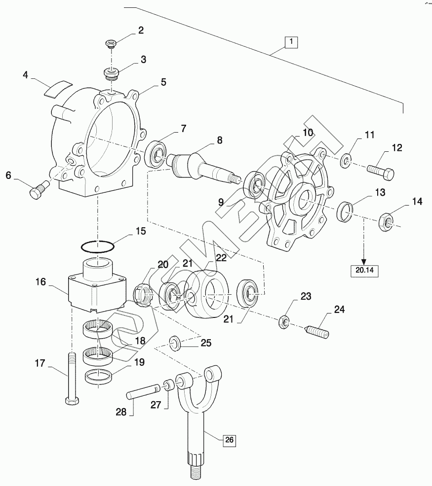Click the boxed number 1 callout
pyautogui.click(x=291, y=42)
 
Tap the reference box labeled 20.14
pyautogui.click(x=364, y=270)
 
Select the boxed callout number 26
pyautogui.click(x=229, y=440)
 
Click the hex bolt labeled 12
pyautogui.click(x=381, y=172)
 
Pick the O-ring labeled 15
pyautogui.click(x=97, y=246)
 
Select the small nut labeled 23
pyautogui.click(x=283, y=322)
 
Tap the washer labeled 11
pyautogui.click(x=345, y=161)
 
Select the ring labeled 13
pyautogui.click(x=345, y=212)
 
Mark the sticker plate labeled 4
pyautogui.click(x=58, y=89)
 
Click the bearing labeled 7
pyautogui.click(x=156, y=155)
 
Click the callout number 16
pyautogui.click(x=40, y=282)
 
